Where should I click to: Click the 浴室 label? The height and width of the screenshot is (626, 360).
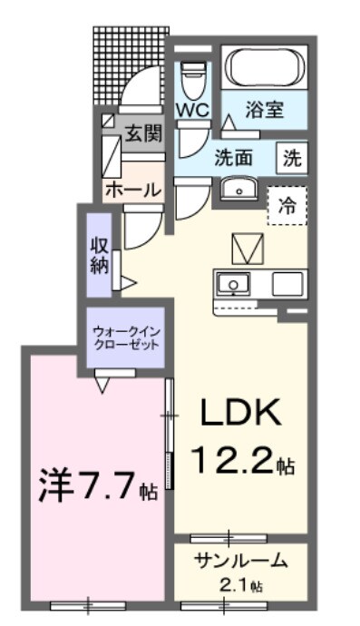click(x=266, y=111)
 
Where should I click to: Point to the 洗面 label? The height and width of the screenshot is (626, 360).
click(x=233, y=157)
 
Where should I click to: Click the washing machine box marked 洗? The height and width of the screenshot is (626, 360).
click(x=291, y=157)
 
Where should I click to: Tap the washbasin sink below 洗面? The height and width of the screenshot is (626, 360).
click(x=239, y=188)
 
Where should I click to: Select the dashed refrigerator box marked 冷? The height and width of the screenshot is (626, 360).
click(x=287, y=205)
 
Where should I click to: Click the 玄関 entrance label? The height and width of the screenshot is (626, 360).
click(x=142, y=134)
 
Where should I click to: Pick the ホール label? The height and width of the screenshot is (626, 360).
click(x=133, y=191)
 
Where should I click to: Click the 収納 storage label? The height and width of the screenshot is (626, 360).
click(x=100, y=254)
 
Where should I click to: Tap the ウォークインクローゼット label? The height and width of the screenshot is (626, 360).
click(x=126, y=337)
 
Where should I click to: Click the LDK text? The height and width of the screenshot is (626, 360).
click(x=241, y=415)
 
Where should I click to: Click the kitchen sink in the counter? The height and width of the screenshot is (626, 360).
click(x=235, y=284)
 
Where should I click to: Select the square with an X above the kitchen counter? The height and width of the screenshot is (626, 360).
click(x=245, y=246)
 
